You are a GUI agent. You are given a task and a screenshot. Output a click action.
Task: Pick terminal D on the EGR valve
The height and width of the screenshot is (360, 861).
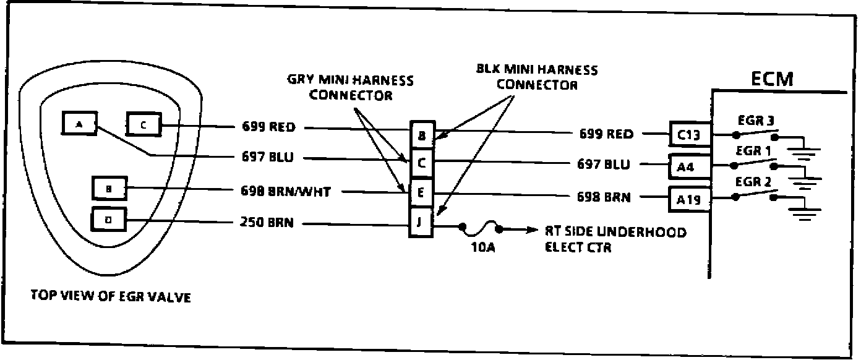coord(109,219)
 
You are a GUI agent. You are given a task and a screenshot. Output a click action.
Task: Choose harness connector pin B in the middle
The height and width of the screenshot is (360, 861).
coord(421,134)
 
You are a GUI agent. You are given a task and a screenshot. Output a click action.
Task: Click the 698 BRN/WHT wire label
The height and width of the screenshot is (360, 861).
coord(286,192)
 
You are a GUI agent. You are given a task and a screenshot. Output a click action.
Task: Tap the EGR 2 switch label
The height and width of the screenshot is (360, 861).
coord(751,182)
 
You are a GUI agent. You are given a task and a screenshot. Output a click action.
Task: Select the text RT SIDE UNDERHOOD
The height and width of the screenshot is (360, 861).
coord(615,232)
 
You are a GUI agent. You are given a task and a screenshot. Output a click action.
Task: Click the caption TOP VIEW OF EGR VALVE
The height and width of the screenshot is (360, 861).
coord(110,297)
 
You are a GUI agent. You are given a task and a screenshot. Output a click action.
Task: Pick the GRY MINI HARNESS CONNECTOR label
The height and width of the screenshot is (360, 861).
coord(351,88)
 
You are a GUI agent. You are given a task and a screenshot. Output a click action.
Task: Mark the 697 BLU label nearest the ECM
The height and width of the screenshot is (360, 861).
coord(604,165)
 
